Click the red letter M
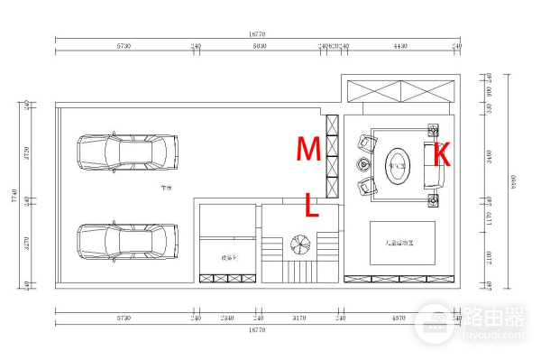[x=309, y=148]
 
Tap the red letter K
[x=441, y=153]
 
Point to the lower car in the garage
[x=127, y=241]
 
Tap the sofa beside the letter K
[x=433, y=167]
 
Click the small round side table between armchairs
[x=363, y=164]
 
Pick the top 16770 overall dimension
[x=257, y=34]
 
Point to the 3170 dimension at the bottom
[x=298, y=318]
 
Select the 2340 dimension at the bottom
[x=227, y=318]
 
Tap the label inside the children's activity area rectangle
[x=402, y=242]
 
